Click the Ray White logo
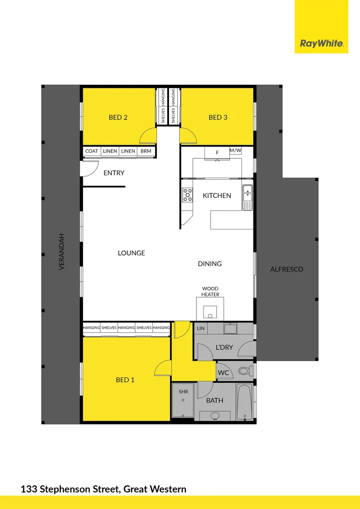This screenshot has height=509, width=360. tap(321, 44)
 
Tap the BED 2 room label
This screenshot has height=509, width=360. tap(118, 117)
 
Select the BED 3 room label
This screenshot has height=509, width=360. tap(218, 117)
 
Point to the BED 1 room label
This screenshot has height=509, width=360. tap(125, 379)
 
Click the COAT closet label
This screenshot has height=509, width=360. tap(92, 151)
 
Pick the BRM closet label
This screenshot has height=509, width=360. tap(146, 151)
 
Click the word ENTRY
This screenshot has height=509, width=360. tap(114, 173)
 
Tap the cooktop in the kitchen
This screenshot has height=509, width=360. tap(188, 195)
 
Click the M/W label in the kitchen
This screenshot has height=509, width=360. tap(235, 150)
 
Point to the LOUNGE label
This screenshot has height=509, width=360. tap(131, 253)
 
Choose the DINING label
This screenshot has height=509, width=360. tap(210, 264)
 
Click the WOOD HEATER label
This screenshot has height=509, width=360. tap(210, 292)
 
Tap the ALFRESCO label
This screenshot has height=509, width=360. tap(286, 270)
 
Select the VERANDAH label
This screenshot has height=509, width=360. tap(61, 252)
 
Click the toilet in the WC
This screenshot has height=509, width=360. tap(244, 371)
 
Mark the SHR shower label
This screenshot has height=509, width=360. tap(183, 392)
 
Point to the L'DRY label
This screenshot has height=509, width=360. tap(224, 347)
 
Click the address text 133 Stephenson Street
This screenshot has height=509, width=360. tap(71, 489)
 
